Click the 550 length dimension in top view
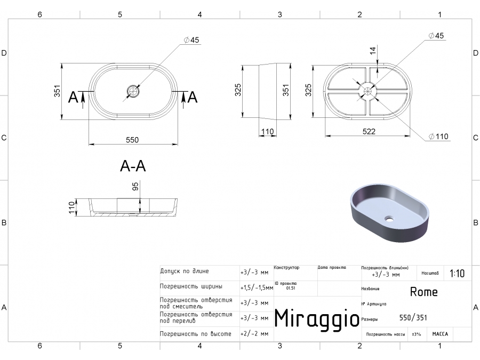tap(132, 140)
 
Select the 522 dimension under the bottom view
tap(369, 131)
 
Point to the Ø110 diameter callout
tap(438, 137)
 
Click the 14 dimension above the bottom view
tap(373, 51)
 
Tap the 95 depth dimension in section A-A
tap(135, 186)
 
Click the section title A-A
tap(133, 166)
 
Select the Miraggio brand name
tap(316, 318)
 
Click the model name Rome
tap(423, 292)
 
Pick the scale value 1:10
tap(457, 274)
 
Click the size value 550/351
tap(413, 318)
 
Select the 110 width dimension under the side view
tap(267, 131)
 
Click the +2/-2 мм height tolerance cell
tap(254, 334)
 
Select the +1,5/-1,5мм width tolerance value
tap(256, 287)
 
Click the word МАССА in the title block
tap(440, 334)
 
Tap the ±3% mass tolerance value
tap(416, 334)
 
